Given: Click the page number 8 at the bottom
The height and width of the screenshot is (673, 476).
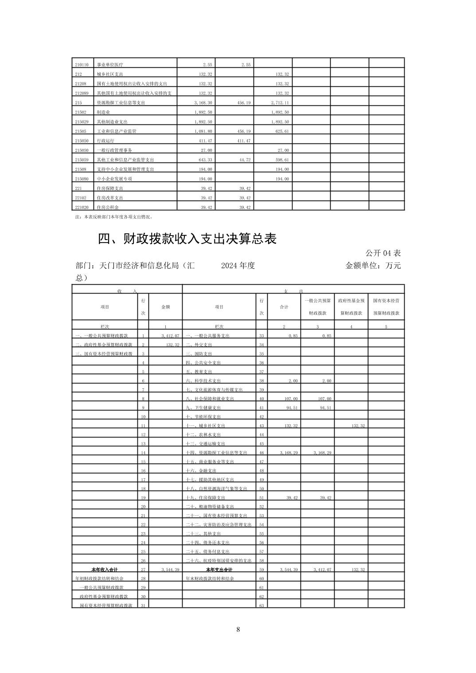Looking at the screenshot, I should [x=238, y=630].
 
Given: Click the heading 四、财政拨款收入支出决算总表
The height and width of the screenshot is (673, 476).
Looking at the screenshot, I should [x=187, y=239].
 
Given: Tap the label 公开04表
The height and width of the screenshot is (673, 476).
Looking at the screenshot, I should [x=383, y=253].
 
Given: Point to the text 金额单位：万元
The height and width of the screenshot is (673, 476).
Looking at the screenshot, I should [x=373, y=266].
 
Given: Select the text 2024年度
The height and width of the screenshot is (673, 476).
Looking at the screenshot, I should [x=238, y=266].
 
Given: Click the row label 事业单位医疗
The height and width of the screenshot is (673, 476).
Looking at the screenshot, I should [x=110, y=65].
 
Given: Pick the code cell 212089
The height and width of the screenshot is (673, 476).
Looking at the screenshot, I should [x=81, y=93].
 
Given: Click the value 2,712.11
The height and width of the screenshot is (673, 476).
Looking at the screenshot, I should [x=280, y=103].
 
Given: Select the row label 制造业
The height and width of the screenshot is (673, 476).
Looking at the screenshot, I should [x=104, y=112].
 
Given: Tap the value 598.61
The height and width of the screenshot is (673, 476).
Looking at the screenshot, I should [x=282, y=160].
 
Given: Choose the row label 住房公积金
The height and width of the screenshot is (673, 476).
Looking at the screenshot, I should [x=108, y=207].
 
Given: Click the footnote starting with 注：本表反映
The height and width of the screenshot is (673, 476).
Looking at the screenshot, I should [x=114, y=217].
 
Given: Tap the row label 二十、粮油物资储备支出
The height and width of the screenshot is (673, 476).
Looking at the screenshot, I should [x=210, y=507].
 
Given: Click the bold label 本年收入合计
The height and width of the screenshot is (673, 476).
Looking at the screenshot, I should [x=105, y=569].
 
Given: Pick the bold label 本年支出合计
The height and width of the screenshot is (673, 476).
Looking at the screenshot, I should [x=219, y=569].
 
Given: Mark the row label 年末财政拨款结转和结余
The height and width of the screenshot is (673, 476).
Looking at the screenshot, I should [x=210, y=579].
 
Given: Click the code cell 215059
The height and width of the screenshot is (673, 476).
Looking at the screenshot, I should [x=81, y=160].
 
